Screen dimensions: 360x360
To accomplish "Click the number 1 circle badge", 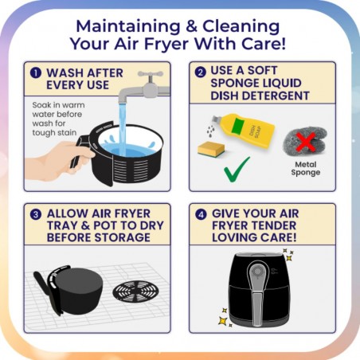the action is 36,72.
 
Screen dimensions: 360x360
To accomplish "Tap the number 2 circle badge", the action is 201,72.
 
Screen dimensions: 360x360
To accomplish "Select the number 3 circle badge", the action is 36,214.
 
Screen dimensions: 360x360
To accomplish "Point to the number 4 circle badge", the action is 201,214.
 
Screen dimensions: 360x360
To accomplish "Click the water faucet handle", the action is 151,74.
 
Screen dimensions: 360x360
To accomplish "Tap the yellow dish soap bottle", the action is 244,129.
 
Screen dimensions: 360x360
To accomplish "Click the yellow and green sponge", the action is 211,149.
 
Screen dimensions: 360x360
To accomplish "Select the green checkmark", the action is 237,170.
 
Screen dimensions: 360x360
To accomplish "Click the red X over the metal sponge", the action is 306,142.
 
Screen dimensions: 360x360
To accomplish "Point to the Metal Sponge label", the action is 306,168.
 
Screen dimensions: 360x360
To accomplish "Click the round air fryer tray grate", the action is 136,292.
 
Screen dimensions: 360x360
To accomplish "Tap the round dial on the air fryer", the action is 257,272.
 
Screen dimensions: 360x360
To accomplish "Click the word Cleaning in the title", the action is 241,26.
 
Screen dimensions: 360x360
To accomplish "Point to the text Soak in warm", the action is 58,105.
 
